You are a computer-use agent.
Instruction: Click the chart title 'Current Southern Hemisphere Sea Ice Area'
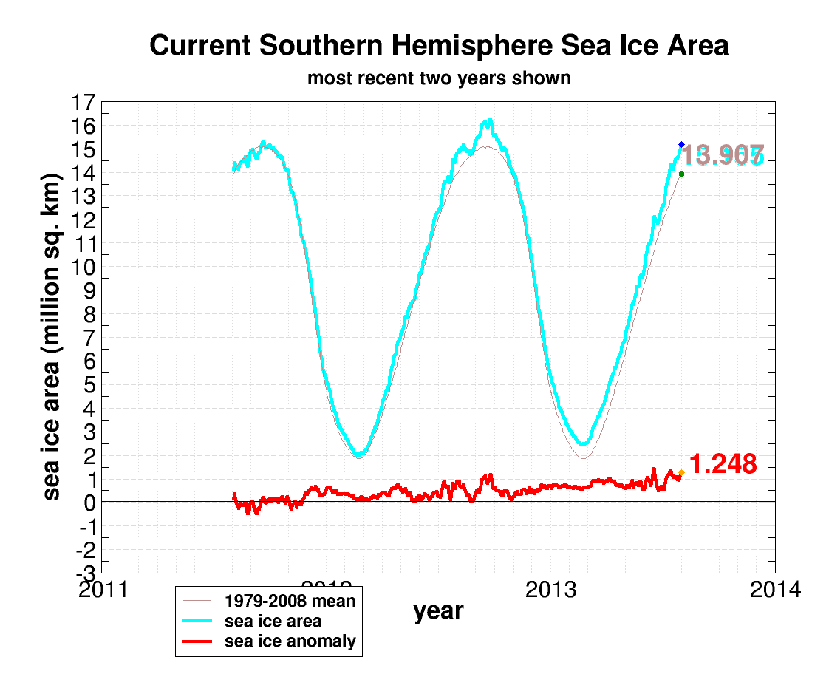(439, 46)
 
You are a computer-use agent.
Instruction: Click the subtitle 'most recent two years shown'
(439, 78)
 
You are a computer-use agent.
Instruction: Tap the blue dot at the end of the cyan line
(681, 145)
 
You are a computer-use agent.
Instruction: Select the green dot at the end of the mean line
(681, 174)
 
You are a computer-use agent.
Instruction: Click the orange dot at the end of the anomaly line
(681, 472)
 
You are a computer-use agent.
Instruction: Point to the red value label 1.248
(723, 464)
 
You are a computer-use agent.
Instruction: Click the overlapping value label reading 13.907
(721, 156)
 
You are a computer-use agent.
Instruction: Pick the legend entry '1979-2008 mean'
(290, 601)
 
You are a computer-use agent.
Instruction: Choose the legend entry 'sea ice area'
(273, 621)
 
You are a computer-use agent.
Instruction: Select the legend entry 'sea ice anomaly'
(290, 641)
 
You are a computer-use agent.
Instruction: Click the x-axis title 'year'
(438, 611)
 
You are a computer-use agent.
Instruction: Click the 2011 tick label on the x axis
(101, 590)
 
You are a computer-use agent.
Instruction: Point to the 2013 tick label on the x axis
(550, 590)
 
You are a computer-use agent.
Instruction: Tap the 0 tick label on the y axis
(89, 503)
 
